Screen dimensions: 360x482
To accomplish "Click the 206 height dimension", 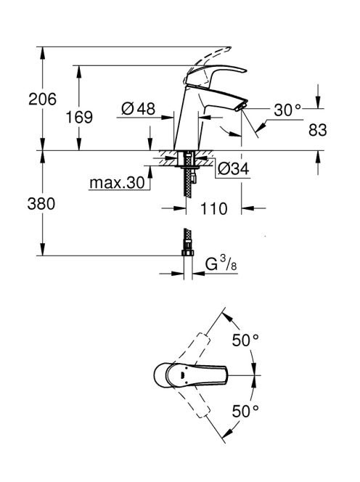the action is pos(42,99).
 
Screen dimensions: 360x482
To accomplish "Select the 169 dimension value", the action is pos(79,117).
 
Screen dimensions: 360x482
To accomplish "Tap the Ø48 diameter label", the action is pos(139,108).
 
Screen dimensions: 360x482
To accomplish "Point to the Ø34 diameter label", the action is pos(233,168).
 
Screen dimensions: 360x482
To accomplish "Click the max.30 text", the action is pos(117,183).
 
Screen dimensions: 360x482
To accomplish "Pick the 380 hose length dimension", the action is pos(41,203).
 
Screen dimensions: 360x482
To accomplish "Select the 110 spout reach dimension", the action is pos(213,209).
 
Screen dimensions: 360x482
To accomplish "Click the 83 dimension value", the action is pos(318,130).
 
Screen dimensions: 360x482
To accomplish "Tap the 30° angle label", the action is pos(287,110).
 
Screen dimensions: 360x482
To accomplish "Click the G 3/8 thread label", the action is pos(221,264).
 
